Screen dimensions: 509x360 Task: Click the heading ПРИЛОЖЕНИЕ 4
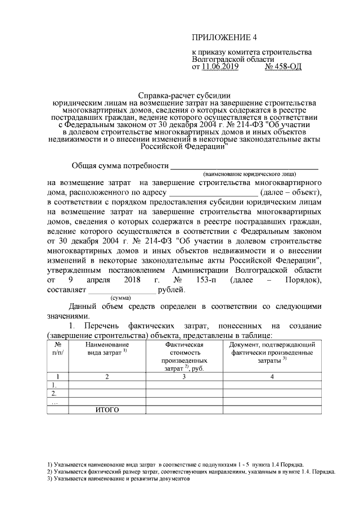224,38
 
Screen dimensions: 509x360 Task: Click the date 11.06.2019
217,67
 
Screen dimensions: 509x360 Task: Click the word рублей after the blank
171,290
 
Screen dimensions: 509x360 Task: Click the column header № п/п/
58,349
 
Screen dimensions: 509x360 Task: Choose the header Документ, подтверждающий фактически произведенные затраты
272,352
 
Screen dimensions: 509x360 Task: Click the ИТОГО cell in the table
107,409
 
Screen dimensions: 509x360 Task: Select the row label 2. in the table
55,393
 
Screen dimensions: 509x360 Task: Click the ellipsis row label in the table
54,401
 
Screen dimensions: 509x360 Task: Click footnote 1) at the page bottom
175,465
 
